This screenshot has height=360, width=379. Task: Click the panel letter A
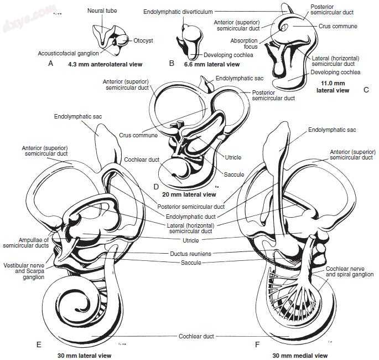50,64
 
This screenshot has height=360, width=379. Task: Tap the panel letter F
257,344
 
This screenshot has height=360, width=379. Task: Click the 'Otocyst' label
143,40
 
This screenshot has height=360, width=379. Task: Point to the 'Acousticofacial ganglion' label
69,53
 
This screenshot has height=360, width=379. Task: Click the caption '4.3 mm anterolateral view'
105,64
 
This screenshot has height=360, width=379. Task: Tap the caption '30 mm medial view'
300,354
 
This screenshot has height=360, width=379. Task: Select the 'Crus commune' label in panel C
338,26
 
